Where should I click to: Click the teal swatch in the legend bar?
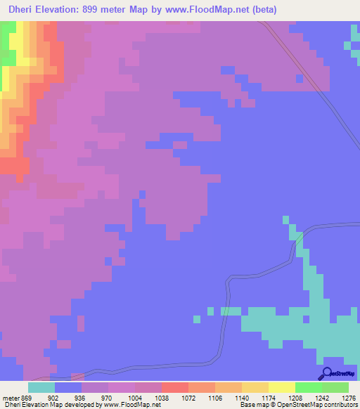click(41, 387)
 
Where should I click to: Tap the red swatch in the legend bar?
click(174, 387)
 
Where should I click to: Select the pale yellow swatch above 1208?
click(281, 387)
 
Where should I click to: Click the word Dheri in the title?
click(20, 9)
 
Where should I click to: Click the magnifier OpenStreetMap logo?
click(328, 374)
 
